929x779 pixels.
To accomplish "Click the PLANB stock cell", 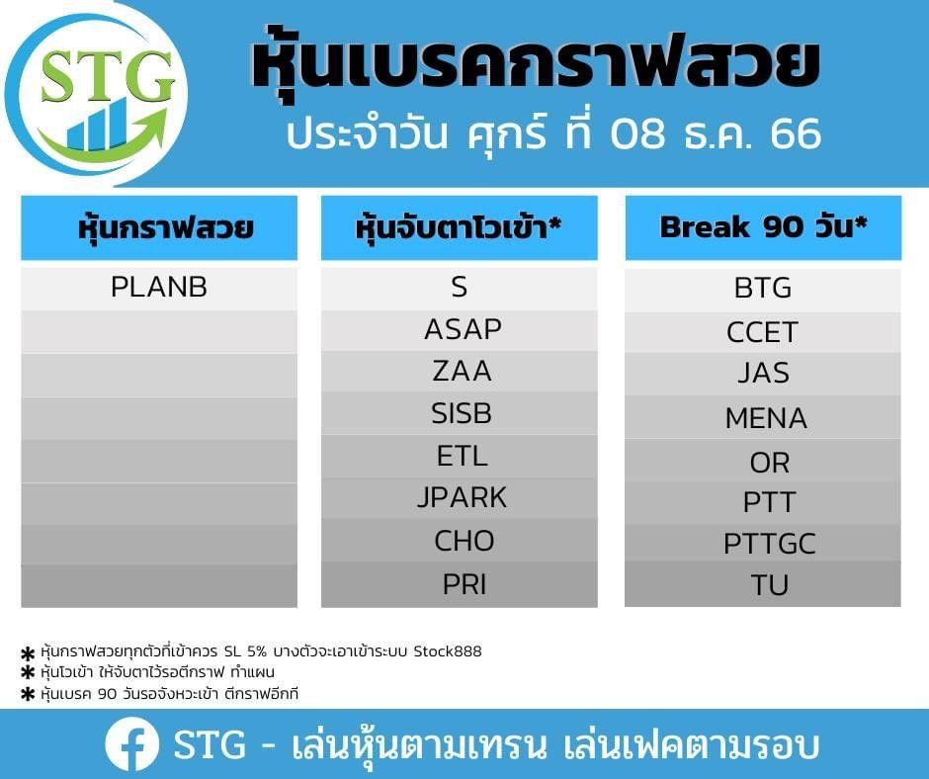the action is point(159,288).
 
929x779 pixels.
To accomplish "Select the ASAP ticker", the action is point(463,329).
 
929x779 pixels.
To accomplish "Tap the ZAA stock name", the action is point(463,372).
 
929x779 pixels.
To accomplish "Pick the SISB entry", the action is point(462,414).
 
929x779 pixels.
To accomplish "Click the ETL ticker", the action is point(463,457).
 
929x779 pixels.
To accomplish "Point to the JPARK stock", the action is point(463,498).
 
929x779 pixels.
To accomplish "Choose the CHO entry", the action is point(464,542).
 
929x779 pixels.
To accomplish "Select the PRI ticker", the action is point(464,585).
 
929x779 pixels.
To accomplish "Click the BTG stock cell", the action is point(763,289).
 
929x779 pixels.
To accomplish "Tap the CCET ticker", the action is point(762,332).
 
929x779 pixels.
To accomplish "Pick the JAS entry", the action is point(763,374).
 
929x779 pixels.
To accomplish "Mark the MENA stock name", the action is point(766,418).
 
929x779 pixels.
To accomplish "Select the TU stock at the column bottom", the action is point(769,585).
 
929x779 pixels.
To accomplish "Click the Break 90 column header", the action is point(763,227).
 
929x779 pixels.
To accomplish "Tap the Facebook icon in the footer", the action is point(131,743).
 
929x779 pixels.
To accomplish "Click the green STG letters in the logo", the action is point(108,77).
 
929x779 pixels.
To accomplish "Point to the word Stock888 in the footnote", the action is point(448,651).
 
